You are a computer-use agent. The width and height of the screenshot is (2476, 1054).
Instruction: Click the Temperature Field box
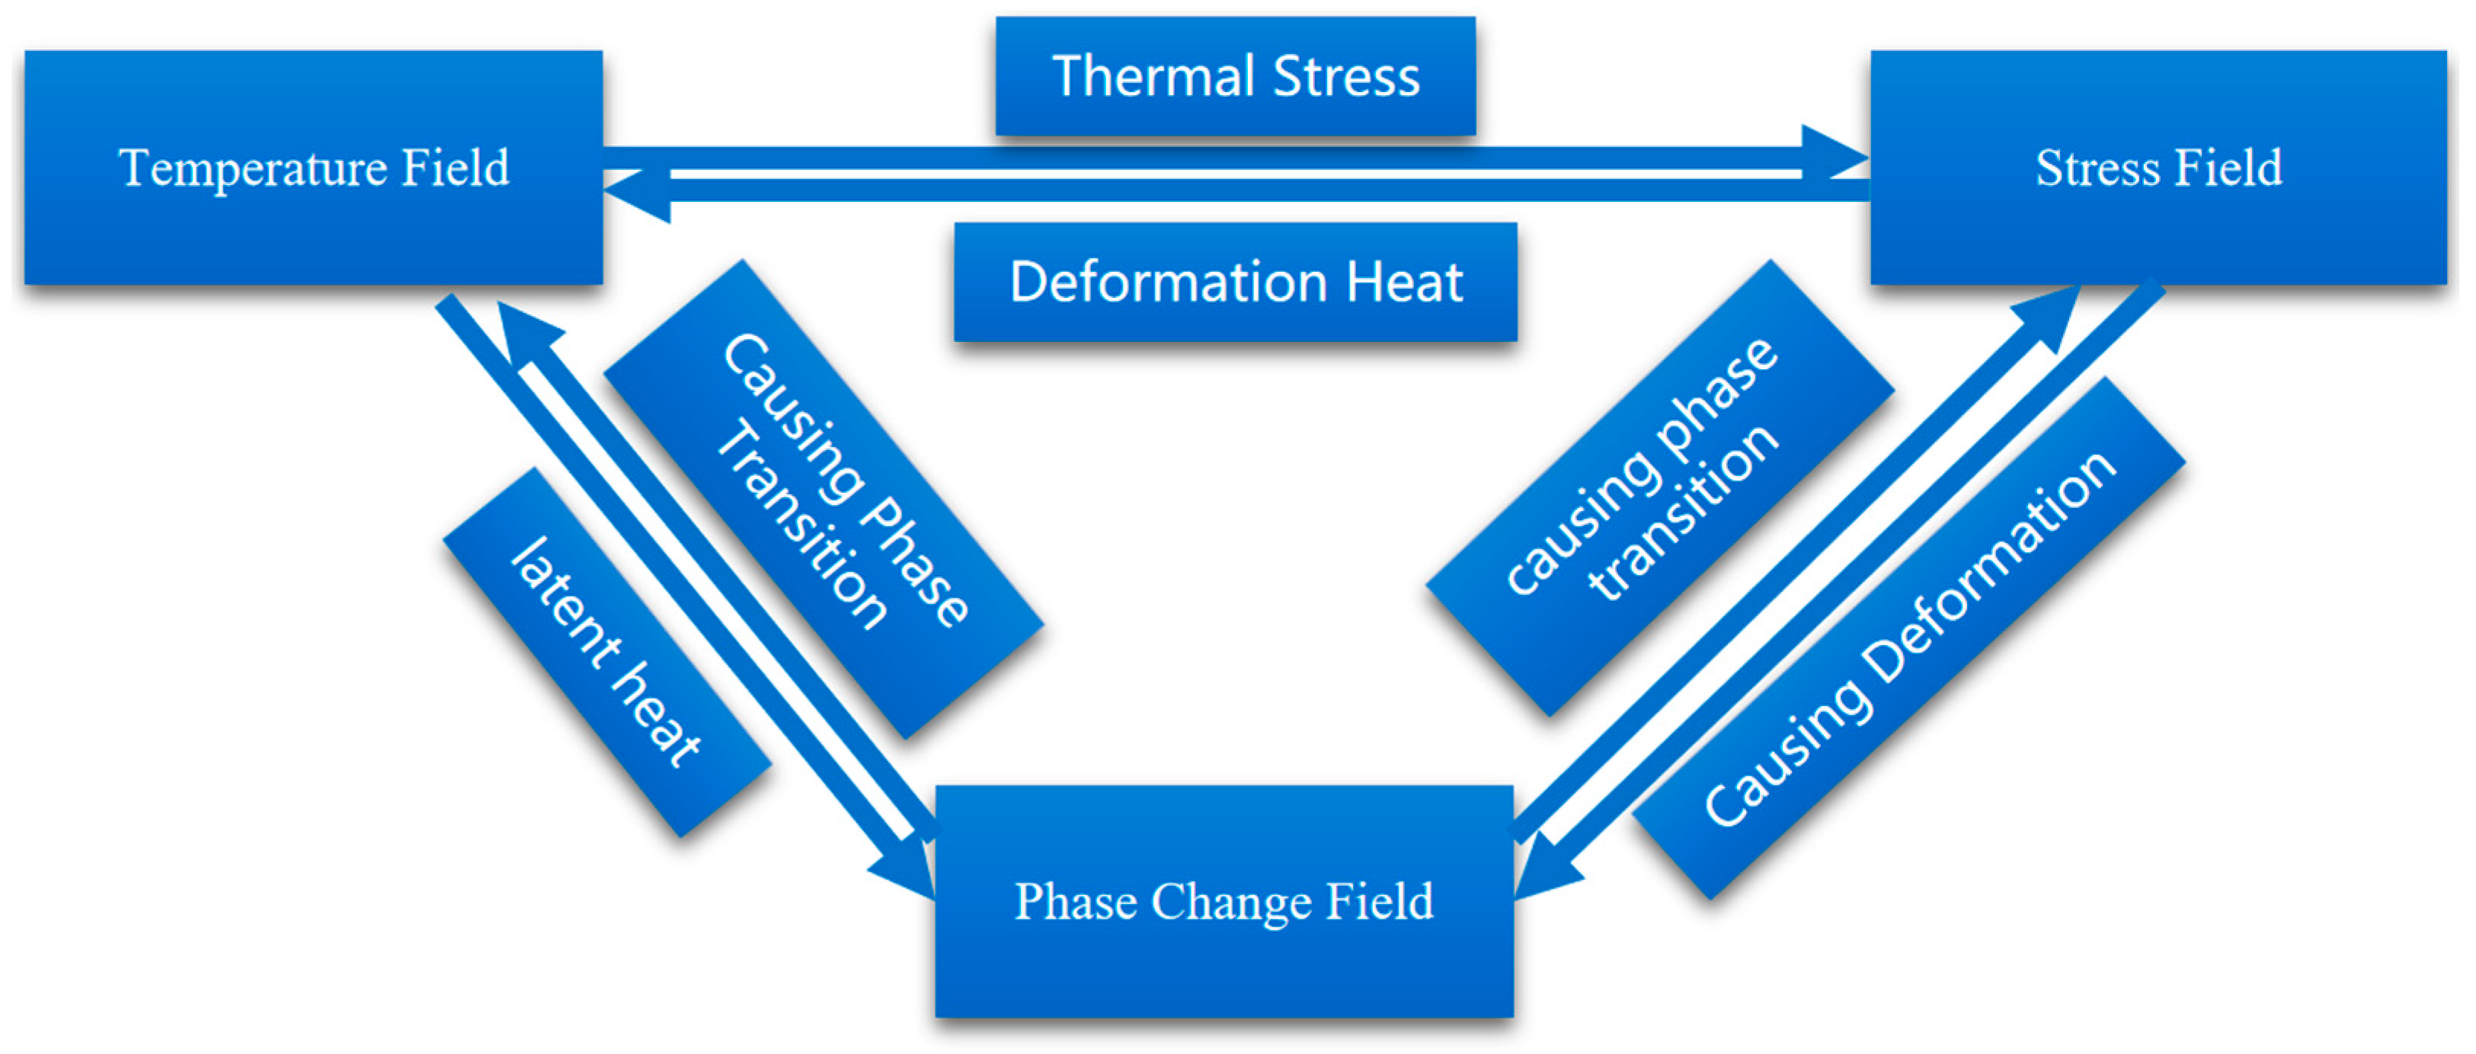pyautogui.click(x=313, y=168)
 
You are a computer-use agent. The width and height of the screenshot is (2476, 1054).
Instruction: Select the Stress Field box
pyautogui.click(x=2158, y=168)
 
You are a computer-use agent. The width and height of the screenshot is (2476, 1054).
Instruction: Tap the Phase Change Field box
pyautogui.click(x=1224, y=901)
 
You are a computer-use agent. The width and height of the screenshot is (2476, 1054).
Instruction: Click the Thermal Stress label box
pyautogui.click(x=1235, y=77)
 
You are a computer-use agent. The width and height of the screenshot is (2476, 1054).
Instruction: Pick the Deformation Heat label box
pyautogui.click(x=1235, y=283)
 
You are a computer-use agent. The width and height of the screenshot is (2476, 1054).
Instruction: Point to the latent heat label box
pyautogui.click(x=606, y=653)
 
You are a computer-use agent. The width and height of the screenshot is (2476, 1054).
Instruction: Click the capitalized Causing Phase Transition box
pyautogui.click(x=824, y=499)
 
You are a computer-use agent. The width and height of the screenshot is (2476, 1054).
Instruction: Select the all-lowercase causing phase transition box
pyautogui.click(x=1660, y=488)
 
